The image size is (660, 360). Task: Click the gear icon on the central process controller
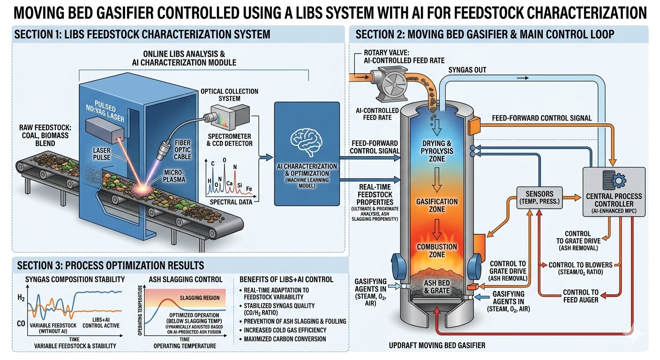619,180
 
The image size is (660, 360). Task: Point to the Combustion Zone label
437,251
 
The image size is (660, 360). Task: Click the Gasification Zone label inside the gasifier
437,206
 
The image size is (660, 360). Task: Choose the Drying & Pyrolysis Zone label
437,151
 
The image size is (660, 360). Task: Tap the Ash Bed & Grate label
437,287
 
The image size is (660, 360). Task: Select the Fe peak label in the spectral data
249,189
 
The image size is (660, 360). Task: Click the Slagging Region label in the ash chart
200,298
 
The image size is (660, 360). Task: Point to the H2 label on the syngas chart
21,298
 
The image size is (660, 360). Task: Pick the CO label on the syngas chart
21,324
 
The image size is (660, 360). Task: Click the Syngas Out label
467,70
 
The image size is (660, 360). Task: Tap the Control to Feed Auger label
580,296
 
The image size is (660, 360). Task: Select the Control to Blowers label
580,269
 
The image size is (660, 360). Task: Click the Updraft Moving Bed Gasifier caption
437,345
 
